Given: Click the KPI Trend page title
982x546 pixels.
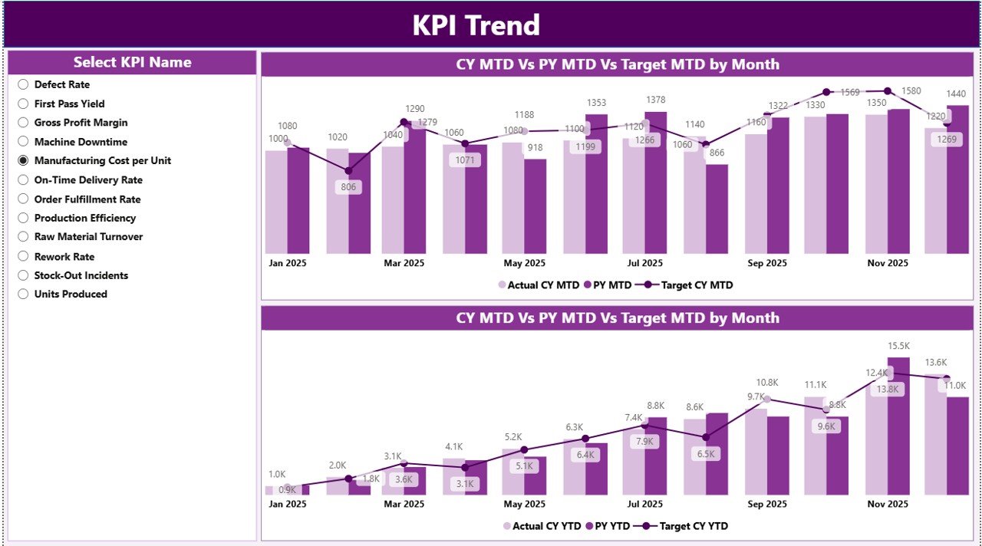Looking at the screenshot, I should [x=476, y=25].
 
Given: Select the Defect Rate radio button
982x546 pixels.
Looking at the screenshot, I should [x=23, y=84].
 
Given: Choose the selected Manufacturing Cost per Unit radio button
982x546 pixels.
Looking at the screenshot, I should [x=23, y=160].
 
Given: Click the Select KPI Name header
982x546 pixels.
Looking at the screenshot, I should [x=132, y=63].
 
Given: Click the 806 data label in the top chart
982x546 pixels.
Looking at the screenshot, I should [x=348, y=187].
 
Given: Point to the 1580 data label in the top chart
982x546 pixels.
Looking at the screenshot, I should [x=910, y=91].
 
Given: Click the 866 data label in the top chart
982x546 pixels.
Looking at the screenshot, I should [x=717, y=153].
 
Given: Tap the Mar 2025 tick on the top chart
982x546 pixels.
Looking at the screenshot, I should [x=404, y=263].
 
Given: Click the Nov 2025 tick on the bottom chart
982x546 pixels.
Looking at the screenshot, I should [x=888, y=504].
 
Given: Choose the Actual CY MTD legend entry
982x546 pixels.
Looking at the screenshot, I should [x=542, y=285].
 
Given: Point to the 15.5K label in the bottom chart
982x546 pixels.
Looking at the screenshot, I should [x=898, y=347].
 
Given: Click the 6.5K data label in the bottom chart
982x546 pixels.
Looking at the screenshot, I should [x=705, y=454].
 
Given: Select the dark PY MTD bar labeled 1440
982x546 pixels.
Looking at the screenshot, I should [x=957, y=180].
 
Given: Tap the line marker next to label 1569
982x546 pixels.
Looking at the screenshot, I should [x=826, y=92].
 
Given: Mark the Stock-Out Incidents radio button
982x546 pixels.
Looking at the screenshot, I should [x=23, y=275].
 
